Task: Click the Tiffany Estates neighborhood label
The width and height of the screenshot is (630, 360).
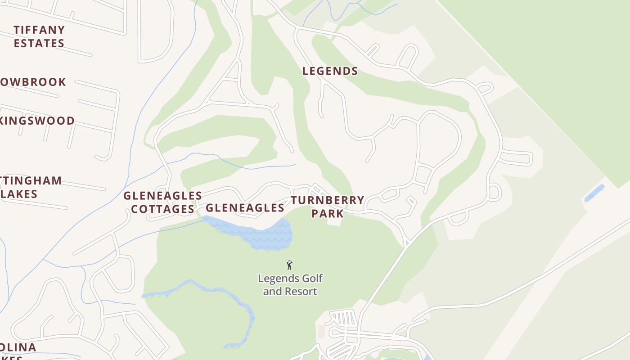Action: (x=39, y=36)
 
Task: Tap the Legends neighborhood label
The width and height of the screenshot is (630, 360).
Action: (x=330, y=71)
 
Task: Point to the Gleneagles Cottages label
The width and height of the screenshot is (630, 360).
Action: (x=162, y=202)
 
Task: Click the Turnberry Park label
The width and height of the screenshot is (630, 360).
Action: (x=327, y=207)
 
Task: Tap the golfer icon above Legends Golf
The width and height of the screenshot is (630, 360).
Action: (x=289, y=265)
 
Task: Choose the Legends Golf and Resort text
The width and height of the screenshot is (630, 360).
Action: (x=290, y=285)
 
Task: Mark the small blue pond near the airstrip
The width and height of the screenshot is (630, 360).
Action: (x=594, y=193)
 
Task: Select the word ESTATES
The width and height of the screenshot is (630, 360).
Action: (x=39, y=43)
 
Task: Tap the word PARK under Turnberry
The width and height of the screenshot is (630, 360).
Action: (x=327, y=213)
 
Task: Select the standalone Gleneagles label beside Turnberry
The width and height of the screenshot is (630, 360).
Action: (x=245, y=207)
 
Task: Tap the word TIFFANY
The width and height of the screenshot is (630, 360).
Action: (x=39, y=30)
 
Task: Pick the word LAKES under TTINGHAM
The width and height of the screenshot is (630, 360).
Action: (x=19, y=194)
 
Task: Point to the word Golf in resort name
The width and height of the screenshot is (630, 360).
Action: (x=313, y=279)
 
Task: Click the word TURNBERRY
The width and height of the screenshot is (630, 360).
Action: (x=327, y=200)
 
